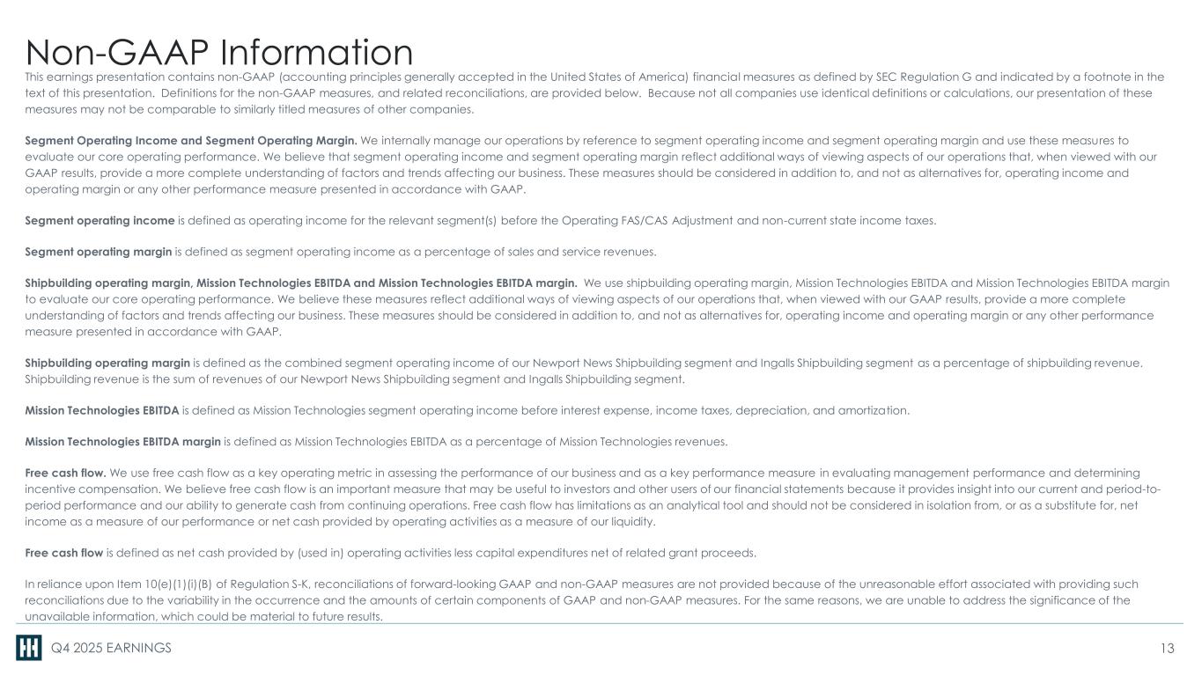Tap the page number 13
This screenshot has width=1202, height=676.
click(x=1167, y=649)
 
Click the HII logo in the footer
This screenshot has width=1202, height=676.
click(x=29, y=649)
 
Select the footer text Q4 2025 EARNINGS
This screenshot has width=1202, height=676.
click(x=110, y=649)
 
